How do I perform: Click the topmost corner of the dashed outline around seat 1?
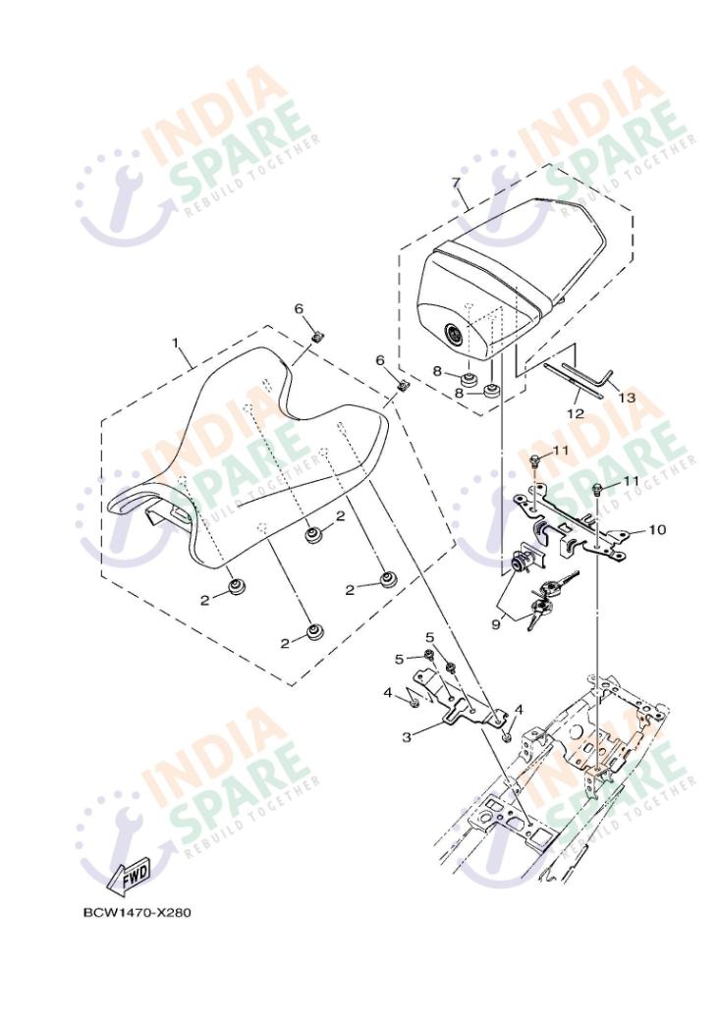point(268,326)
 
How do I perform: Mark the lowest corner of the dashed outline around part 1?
point(290,685)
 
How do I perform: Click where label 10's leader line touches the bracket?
point(627,532)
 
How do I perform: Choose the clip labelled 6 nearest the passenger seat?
point(402,385)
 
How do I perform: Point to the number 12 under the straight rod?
point(576,413)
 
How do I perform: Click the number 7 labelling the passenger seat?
point(456,182)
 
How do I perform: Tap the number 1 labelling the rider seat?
point(175,342)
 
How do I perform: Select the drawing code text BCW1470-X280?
point(138,912)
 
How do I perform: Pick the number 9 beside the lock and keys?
point(495,624)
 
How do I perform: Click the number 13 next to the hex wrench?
point(627,397)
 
